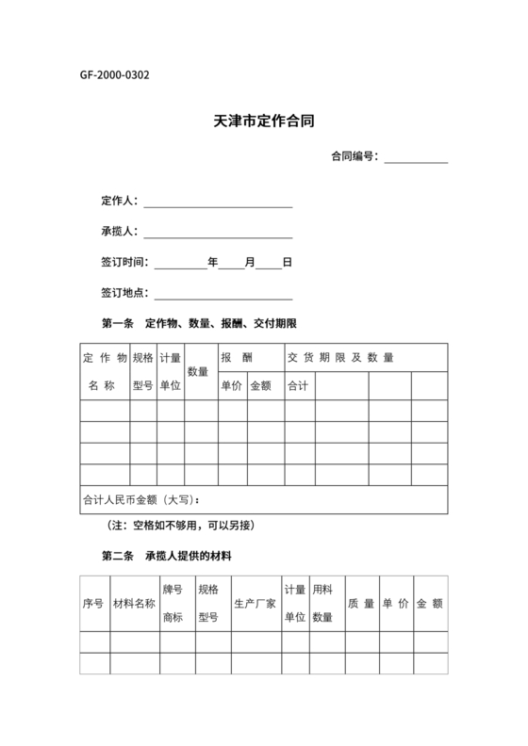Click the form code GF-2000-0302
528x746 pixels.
[x=114, y=75]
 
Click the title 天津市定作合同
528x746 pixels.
[x=263, y=122]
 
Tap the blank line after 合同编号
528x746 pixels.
[x=415, y=157]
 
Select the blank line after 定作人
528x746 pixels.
[x=218, y=202]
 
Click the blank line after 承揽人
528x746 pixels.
[x=218, y=233]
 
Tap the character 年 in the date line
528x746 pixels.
[x=213, y=263]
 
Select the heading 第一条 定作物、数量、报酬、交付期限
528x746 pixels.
[x=199, y=324]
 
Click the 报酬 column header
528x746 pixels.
[x=237, y=358]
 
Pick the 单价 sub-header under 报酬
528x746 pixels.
[x=231, y=385]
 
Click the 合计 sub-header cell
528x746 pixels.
[x=298, y=385]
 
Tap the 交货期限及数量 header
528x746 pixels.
[x=340, y=358]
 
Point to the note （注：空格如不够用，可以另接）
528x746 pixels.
[x=182, y=525]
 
